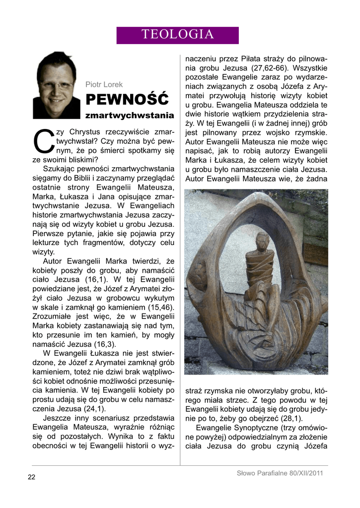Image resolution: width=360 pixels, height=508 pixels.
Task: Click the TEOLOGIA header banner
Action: tap(177, 35)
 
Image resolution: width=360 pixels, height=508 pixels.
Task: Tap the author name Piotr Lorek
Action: tap(104, 85)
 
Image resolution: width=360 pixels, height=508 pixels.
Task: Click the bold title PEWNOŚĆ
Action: tap(127, 100)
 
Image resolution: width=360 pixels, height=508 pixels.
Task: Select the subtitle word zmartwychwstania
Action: tap(129, 115)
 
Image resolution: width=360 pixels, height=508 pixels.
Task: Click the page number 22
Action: tap(31, 477)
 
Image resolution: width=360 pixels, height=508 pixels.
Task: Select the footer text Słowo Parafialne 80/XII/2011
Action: tap(280, 473)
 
